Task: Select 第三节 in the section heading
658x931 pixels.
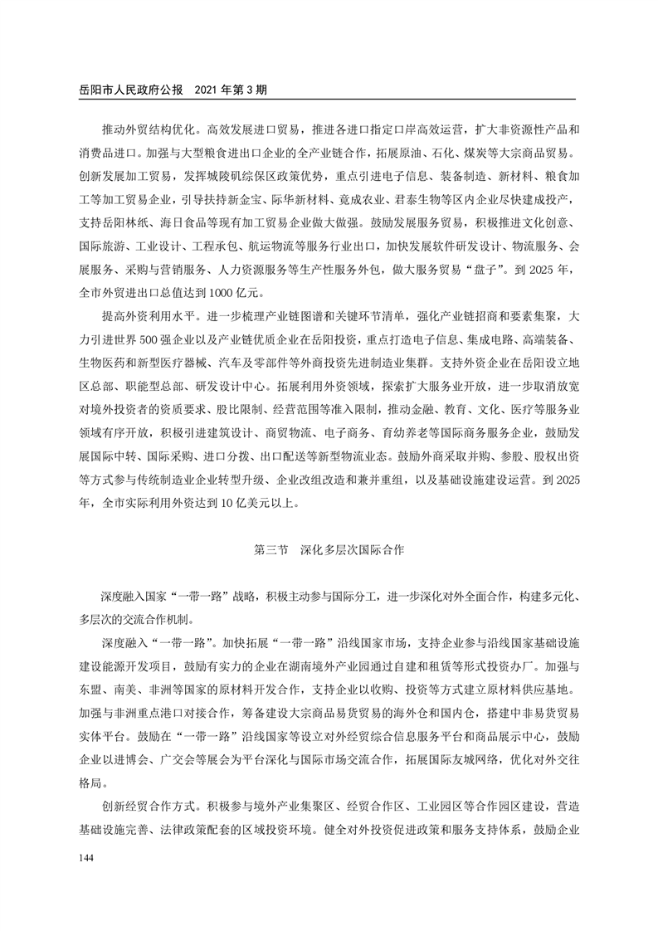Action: point(271,549)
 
